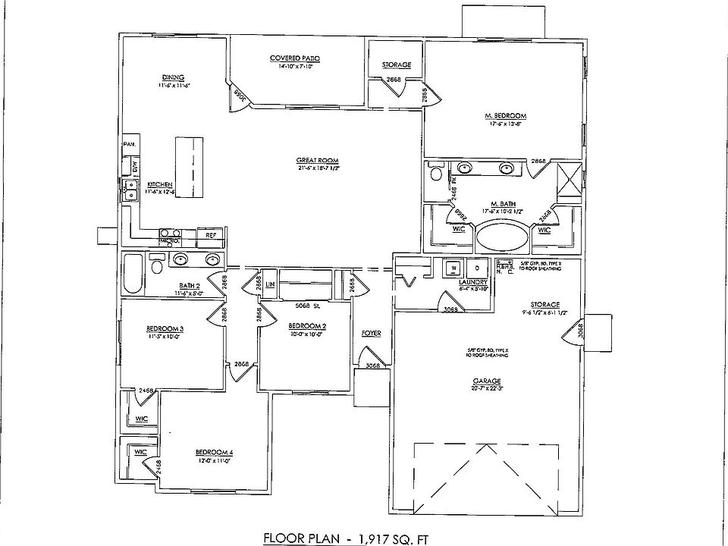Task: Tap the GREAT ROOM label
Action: pos(317,160)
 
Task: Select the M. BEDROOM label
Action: pos(505,116)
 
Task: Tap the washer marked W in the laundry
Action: pos(453,268)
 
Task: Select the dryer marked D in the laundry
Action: pos(478,268)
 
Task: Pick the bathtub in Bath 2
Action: pos(133,274)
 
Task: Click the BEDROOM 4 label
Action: pos(215,453)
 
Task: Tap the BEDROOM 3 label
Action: pos(165,328)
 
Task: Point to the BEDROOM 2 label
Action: pos(308,326)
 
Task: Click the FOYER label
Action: pos(371,333)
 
